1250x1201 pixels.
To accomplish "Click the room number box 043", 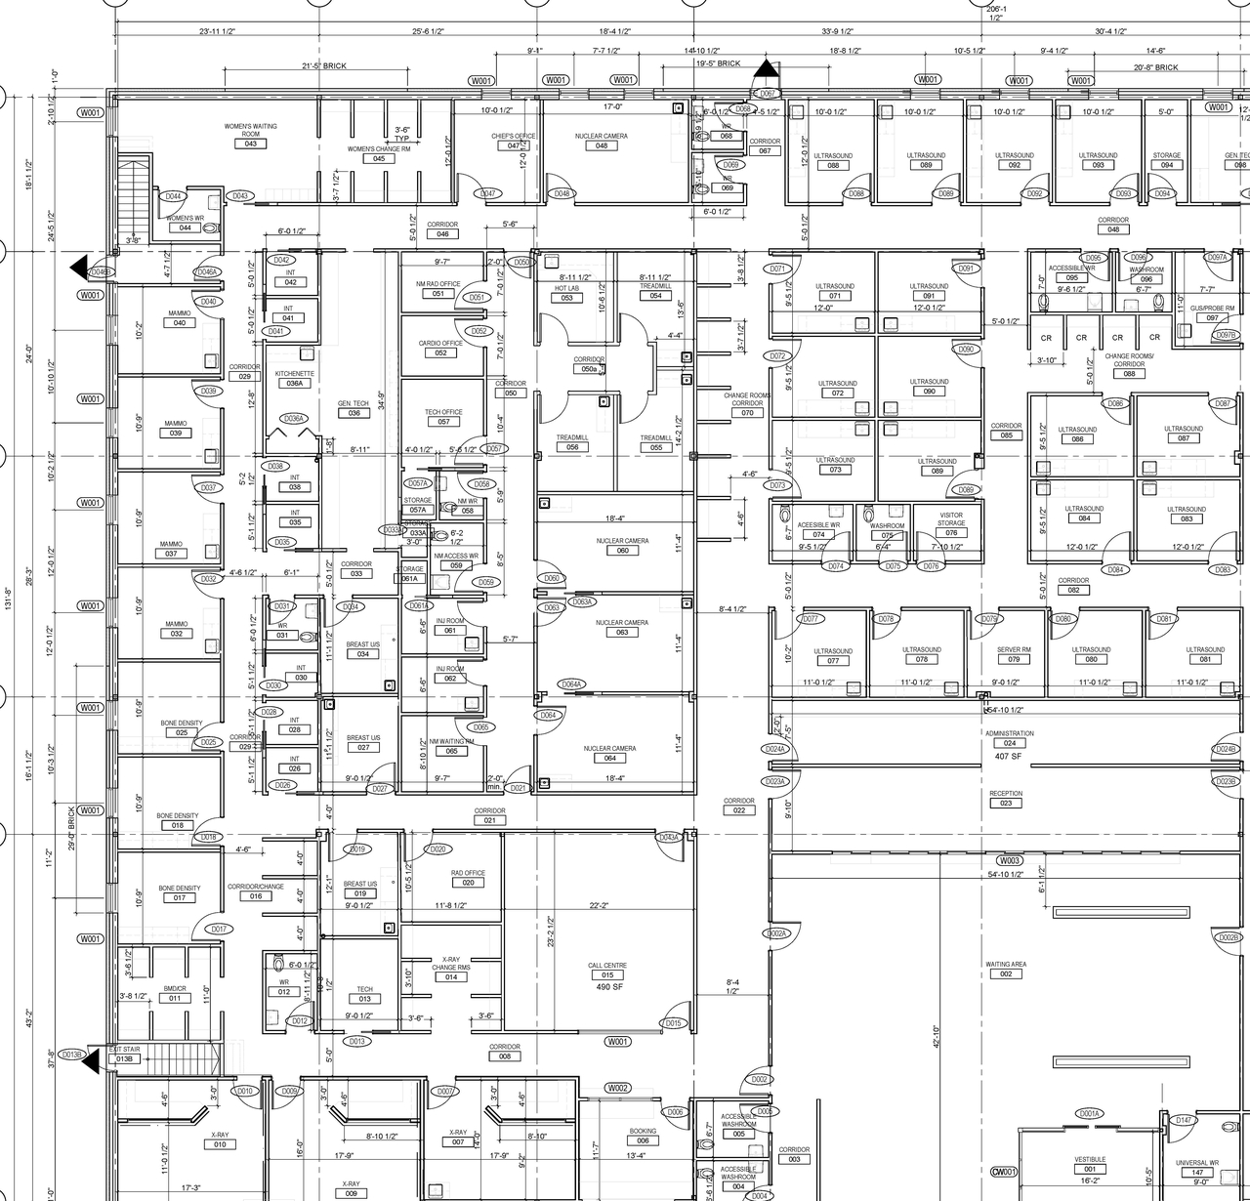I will tap(251, 145).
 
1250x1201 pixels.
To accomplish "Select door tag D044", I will tap(173, 196).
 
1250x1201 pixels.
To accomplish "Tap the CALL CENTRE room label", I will tap(607, 965).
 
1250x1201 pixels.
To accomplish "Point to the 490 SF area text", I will tap(609, 986).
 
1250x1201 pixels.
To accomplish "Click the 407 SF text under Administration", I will tap(1008, 756).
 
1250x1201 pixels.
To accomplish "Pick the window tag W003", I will tap(1009, 860).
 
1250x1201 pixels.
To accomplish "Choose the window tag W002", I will tap(617, 1088).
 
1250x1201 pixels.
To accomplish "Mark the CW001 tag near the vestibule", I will tap(1004, 1172).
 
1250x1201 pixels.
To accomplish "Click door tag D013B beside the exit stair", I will tap(71, 1055).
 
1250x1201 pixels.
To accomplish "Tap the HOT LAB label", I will tap(566, 288).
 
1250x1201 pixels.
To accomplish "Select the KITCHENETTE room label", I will tap(294, 374).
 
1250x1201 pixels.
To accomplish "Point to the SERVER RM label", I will tap(1014, 649).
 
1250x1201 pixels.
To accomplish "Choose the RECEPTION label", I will tap(1006, 793).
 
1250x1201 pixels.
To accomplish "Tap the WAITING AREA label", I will tap(1006, 964).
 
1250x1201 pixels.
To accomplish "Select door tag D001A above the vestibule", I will tap(1089, 1113).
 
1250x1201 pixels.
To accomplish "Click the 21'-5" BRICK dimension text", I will tap(323, 66).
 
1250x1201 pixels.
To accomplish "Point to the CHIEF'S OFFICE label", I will tap(513, 136).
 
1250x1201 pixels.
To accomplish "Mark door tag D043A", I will tap(668, 838).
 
